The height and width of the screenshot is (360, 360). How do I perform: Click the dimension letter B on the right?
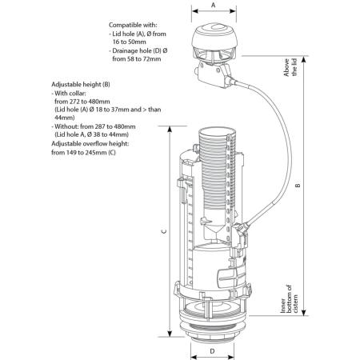[298, 186]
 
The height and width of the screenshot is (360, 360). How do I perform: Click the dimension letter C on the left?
[162, 231]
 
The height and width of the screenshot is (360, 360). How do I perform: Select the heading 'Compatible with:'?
[133, 25]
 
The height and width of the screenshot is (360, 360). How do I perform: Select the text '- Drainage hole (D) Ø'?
[143, 52]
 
